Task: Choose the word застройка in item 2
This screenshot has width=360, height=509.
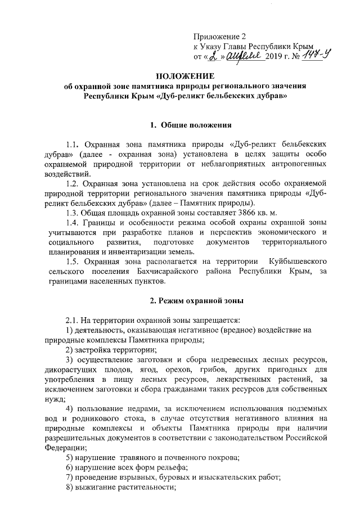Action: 95,349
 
